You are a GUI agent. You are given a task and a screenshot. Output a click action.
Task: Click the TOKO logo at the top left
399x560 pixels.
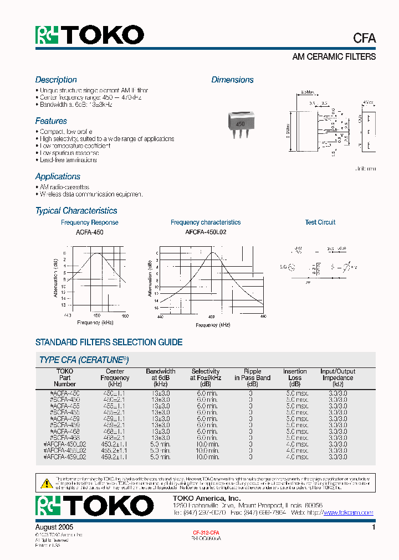[x=90, y=35]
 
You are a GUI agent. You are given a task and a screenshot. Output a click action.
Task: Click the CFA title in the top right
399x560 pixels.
[x=364, y=38]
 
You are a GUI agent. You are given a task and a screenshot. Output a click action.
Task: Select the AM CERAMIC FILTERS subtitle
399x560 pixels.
[x=334, y=57]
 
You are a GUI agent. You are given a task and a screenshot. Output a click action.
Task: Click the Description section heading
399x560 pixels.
[x=56, y=80]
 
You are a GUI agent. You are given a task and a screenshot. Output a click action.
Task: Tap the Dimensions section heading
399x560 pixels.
[x=232, y=80]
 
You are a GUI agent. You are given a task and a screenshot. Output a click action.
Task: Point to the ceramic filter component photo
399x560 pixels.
[x=242, y=124]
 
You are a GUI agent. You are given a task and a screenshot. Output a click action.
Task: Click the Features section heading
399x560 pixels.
[x=51, y=121]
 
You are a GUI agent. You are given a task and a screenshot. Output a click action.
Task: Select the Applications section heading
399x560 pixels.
[x=58, y=177]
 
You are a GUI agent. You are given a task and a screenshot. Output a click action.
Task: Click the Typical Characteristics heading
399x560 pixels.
[x=76, y=211]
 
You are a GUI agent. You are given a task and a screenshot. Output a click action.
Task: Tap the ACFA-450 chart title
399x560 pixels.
[x=89, y=233]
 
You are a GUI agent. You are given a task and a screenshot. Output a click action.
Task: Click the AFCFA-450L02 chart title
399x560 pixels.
[x=206, y=233]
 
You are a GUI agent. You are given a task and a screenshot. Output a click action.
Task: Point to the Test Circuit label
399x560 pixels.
[x=320, y=222]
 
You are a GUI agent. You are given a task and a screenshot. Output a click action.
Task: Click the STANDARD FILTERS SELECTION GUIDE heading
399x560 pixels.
[x=109, y=343]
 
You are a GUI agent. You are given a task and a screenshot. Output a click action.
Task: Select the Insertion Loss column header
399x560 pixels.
[x=294, y=377]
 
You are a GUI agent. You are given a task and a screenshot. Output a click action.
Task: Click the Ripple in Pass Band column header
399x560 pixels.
[x=252, y=377]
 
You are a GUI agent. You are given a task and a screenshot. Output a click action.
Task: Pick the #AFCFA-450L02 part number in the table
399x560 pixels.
[x=65, y=444]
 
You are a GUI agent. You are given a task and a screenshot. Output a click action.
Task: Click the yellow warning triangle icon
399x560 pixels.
[x=46, y=483]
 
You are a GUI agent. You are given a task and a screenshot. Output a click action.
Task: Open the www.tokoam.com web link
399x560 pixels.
[x=348, y=513]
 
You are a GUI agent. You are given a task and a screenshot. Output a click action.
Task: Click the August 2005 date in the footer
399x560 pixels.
[x=54, y=528]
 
